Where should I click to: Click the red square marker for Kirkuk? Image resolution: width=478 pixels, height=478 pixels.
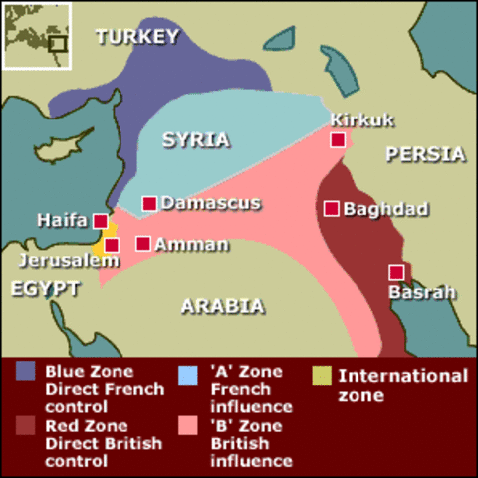(x=339, y=140)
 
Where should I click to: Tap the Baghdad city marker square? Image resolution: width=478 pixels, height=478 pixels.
(x=332, y=208)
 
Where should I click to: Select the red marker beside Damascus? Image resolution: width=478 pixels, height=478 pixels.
(x=149, y=203)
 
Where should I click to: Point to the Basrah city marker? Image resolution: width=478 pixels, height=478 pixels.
(x=396, y=272)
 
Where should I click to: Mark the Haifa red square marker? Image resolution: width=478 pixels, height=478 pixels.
(x=100, y=221)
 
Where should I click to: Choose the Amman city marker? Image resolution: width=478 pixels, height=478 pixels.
(x=143, y=243)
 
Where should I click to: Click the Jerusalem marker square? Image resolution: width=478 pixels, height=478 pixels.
(x=112, y=245)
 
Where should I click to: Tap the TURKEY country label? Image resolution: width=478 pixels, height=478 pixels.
(x=137, y=37)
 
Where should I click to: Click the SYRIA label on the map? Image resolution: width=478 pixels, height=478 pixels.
(x=196, y=139)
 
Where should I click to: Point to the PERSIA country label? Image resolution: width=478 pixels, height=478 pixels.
(x=425, y=154)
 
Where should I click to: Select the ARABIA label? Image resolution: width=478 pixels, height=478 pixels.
(x=222, y=306)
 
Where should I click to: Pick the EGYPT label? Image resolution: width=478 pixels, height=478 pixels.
(x=45, y=288)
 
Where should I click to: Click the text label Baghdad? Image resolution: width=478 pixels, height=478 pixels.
(x=385, y=209)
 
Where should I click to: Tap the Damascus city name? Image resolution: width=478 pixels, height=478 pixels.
(x=210, y=203)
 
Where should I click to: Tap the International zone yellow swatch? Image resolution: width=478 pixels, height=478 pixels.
(x=321, y=374)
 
